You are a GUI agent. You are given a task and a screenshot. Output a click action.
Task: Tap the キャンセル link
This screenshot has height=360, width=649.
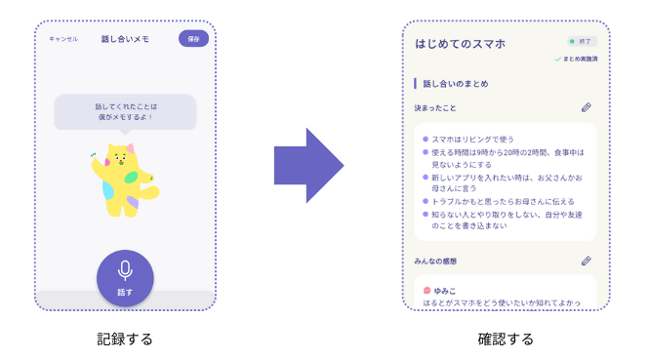[63, 39]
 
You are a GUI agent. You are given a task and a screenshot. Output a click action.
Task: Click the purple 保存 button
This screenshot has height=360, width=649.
[193, 39]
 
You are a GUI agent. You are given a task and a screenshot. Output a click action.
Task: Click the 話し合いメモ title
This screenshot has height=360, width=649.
[124, 39]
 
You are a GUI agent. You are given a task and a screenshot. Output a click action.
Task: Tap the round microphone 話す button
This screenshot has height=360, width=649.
[125, 277]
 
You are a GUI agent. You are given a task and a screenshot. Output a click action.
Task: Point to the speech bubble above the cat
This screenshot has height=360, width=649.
[125, 111]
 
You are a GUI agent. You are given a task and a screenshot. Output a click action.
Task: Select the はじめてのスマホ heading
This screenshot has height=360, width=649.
[460, 44]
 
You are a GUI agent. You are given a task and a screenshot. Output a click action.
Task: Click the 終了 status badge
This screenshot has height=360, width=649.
[583, 43]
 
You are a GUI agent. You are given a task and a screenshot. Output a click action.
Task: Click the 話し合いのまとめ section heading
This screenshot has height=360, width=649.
[456, 84]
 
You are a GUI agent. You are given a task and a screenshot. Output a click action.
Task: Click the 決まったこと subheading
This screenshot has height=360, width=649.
[435, 107]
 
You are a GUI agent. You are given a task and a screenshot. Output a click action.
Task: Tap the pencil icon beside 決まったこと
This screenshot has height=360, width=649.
[586, 107]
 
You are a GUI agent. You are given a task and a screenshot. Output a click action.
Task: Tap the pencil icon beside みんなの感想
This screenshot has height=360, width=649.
[586, 260]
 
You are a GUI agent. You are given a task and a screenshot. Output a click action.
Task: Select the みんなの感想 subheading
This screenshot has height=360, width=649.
[435, 261]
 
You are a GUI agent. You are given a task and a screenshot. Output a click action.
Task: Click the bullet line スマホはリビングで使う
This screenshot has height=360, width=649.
[474, 140]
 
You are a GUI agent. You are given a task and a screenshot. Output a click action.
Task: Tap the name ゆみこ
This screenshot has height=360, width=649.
[445, 290]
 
